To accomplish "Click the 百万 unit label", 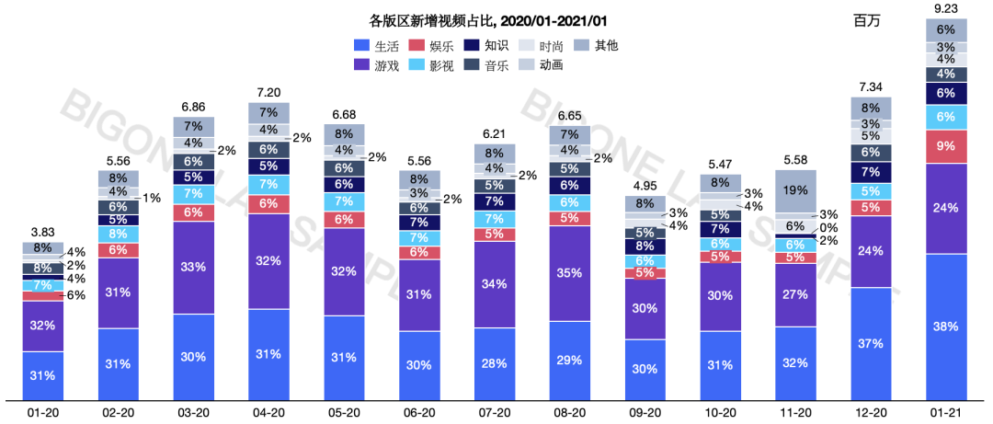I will click(867, 20).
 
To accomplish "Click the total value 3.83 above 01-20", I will click(42, 232).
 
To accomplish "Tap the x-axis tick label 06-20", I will click(419, 413).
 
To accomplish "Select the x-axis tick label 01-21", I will click(946, 413).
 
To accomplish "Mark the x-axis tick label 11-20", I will click(795, 413).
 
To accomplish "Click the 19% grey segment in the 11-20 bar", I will click(795, 191).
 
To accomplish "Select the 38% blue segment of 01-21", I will click(946, 327).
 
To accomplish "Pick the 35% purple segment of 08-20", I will click(570, 273).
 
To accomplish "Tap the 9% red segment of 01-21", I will click(946, 145).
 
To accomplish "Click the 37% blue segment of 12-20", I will click(871, 343).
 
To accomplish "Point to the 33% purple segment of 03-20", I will click(193, 268).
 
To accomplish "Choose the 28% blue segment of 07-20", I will click(495, 363).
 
